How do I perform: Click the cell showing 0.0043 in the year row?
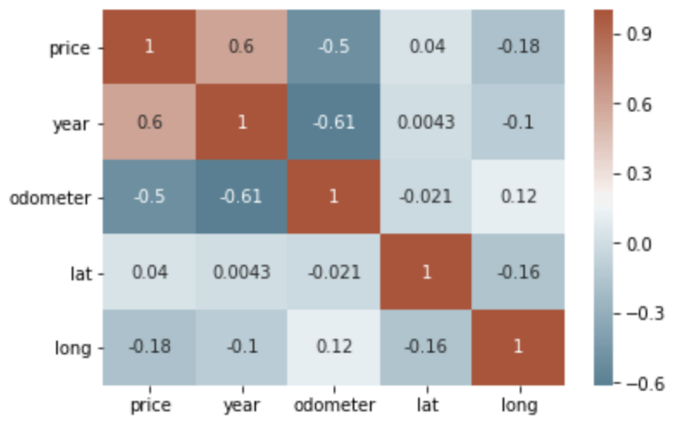426,122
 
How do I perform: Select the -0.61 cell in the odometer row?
241,197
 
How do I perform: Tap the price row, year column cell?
241,47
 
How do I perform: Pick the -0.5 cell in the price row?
334,47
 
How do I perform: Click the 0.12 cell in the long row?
334,347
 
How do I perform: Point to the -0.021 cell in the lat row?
334,272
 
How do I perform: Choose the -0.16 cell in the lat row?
518,272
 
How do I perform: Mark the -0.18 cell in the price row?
518,47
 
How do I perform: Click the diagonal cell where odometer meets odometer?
334,197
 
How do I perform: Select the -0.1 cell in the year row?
518,122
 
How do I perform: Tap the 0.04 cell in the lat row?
149,272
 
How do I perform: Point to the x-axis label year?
241,405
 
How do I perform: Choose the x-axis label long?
518,405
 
